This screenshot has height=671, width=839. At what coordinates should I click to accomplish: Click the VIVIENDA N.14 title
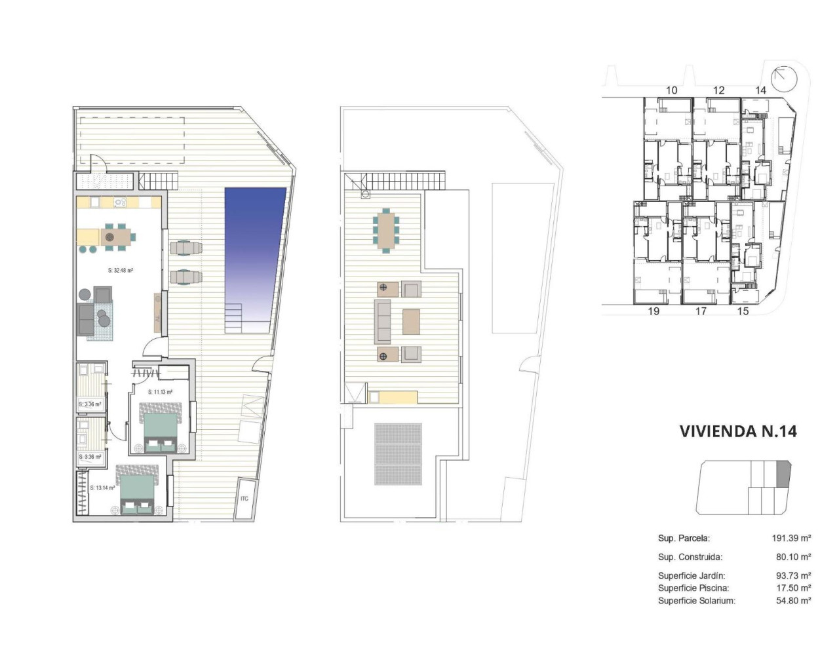pos(737,431)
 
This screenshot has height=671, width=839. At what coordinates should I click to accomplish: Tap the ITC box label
pos(244,499)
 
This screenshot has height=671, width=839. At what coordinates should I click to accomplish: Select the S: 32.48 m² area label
pos(121,270)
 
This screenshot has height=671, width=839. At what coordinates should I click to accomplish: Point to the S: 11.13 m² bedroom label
pos(160,393)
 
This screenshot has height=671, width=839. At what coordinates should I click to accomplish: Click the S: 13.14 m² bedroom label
pos(102,488)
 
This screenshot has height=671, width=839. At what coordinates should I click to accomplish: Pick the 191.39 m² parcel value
pos(791,539)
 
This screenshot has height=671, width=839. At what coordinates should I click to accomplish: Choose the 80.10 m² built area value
pos(793,557)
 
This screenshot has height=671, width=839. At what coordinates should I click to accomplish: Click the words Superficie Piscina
pos(693,588)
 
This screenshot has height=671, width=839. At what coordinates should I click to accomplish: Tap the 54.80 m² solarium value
pos(793,600)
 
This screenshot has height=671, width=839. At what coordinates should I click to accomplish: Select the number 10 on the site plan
pos(671,90)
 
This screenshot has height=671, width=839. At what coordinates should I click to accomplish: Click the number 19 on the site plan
pos(654,311)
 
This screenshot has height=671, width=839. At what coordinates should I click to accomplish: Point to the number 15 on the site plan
pos(743,311)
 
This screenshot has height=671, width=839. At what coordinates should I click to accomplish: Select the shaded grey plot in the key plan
pos(784,474)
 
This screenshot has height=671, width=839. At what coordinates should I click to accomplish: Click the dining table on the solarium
pos(385,229)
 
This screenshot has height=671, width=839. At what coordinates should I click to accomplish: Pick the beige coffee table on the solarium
pos(411,322)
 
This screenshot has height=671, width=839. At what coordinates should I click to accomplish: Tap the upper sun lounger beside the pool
pos(186,248)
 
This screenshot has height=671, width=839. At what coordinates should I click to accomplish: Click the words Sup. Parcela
pos(684,539)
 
